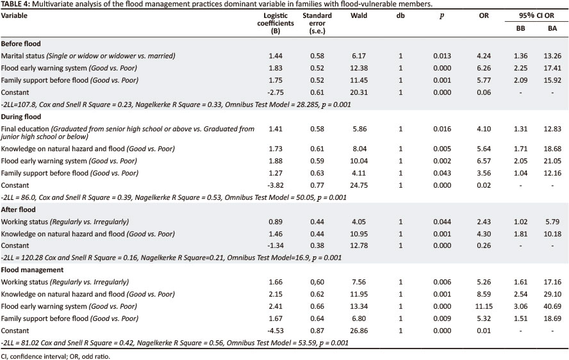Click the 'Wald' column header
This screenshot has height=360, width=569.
click(359, 15)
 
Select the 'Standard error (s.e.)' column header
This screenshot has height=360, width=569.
click(317, 23)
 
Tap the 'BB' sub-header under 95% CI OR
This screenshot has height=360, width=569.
click(520, 28)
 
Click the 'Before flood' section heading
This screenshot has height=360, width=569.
click(21, 44)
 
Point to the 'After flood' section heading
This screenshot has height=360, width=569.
click(18, 209)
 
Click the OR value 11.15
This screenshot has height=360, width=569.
click(484, 306)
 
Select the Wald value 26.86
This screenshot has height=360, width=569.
click(359, 331)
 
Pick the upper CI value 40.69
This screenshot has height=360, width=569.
click(552, 306)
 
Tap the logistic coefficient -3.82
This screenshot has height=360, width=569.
click(276, 185)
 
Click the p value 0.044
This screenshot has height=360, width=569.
click(442, 222)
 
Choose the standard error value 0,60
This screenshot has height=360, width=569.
click(317, 282)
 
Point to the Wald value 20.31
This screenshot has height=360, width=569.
click(359, 92)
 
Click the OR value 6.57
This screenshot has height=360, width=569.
click(484, 161)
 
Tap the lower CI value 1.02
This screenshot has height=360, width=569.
click(520, 222)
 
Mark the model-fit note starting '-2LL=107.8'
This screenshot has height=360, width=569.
click(176, 104)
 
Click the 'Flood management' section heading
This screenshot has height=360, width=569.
click(32, 270)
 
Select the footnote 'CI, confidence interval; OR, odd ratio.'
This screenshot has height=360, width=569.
click(55, 356)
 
